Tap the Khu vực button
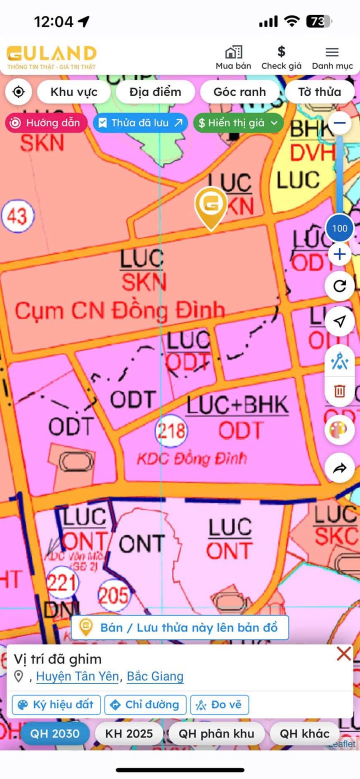74,92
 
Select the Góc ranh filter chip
239,92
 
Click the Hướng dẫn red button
46,123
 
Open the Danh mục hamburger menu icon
332,52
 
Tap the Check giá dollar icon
281,52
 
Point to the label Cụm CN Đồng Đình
119,310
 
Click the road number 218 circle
171,430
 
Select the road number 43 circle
17,216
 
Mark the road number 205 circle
113,595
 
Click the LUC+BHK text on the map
237,405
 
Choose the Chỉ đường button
145,704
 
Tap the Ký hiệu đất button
56,704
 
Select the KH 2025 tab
129,733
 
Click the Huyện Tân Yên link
77,676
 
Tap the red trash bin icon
339,390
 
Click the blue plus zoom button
339,254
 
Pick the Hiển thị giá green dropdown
238,123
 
